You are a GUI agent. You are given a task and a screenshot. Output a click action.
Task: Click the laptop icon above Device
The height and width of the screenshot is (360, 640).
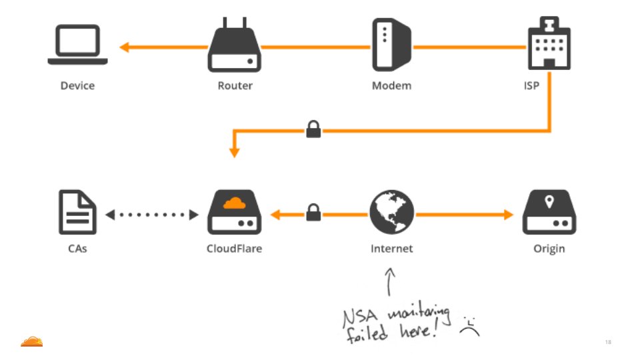point(78,45)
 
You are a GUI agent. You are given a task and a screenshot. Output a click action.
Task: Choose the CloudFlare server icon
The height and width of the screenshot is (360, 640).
point(235,213)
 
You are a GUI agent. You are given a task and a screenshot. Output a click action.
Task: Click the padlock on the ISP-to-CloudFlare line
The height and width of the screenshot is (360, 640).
point(313,129)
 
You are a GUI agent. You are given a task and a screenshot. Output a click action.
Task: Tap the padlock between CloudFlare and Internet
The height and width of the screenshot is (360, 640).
point(313,213)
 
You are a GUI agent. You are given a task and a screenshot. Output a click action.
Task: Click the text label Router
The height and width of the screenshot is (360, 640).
point(235,85)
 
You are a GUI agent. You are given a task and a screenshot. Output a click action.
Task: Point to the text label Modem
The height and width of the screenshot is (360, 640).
point(391,85)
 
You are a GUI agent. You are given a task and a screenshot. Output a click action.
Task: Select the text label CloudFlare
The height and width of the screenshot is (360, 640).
point(235,249)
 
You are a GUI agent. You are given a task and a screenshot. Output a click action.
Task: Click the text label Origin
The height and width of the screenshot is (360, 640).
point(549,249)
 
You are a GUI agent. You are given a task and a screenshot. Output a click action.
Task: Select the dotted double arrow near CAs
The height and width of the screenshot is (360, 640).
point(152,215)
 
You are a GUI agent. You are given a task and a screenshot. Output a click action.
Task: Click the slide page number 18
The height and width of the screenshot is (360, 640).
point(608,342)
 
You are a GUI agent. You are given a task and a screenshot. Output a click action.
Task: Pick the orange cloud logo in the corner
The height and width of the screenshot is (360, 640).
point(31,341)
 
